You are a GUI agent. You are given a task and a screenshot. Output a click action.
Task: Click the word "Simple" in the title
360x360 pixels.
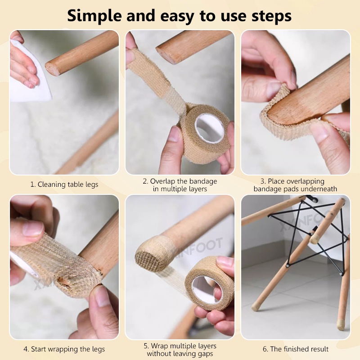[95, 16]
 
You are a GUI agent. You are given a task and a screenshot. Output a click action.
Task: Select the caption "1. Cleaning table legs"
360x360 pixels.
[64, 184]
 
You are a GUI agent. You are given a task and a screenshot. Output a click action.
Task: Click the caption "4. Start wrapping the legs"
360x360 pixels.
[64, 349]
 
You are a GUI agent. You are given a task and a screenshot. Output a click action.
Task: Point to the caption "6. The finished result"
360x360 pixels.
[296, 349]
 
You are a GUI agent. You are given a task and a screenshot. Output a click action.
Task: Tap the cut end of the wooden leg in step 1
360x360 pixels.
[53, 68]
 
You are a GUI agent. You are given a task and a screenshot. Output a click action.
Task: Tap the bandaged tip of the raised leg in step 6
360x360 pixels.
[315, 239]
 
